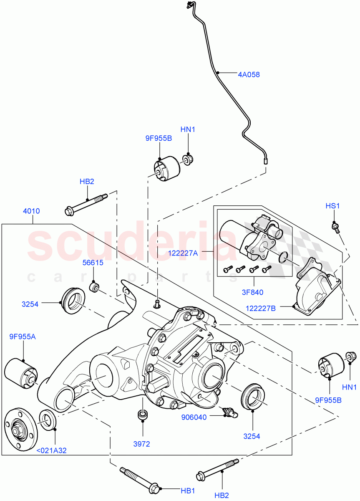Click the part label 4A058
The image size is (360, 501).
(x=249, y=75)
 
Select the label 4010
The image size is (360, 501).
(x=31, y=211)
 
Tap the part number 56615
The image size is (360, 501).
(x=93, y=263)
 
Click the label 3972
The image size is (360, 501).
(x=142, y=444)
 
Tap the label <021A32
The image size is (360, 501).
(x=52, y=450)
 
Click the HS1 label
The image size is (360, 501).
(x=333, y=206)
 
